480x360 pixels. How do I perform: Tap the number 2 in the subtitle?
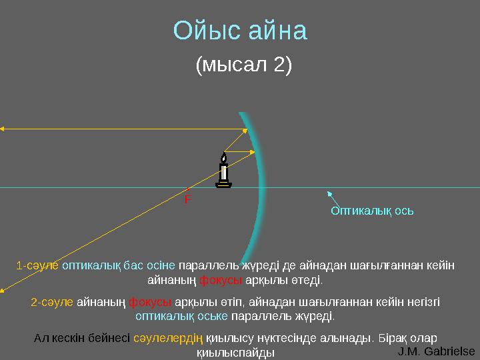click(x=279, y=65)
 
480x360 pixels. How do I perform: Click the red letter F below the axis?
click(x=188, y=199)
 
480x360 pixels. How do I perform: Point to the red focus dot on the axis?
click(x=189, y=189)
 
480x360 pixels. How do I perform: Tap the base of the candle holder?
click(x=224, y=185)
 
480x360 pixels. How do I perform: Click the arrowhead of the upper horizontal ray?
click(x=3, y=129)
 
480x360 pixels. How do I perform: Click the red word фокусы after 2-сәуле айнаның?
click(x=145, y=302)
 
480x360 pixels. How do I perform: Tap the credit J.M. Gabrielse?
click(x=436, y=351)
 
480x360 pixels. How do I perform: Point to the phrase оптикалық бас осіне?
click(x=119, y=265)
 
